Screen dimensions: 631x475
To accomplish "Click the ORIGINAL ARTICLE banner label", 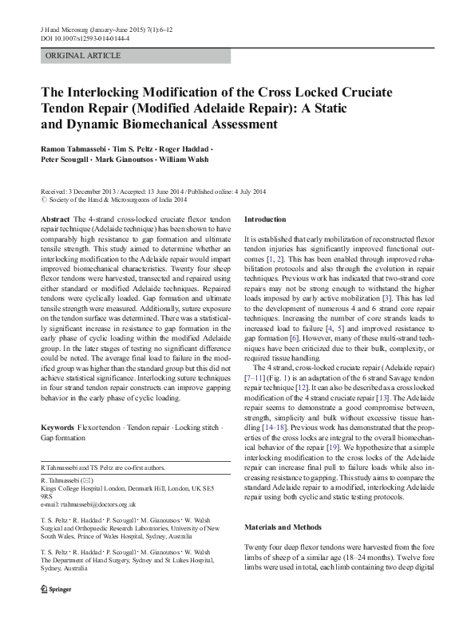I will [x=83, y=56].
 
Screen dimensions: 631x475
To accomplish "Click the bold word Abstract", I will [x=54, y=219].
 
